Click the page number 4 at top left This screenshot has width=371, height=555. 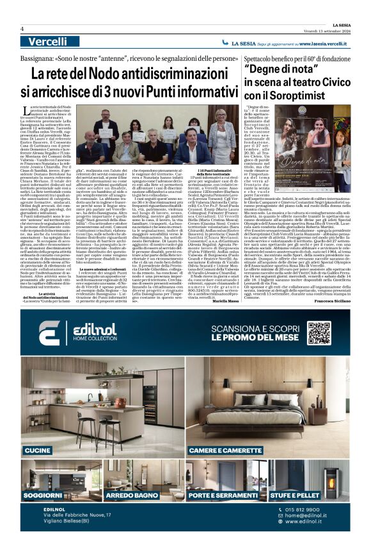22,28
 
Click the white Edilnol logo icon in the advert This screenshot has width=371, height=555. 49,333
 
